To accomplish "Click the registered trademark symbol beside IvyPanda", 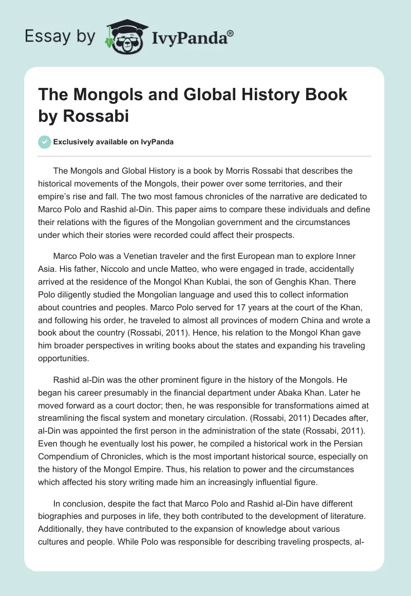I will point(231,32).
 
